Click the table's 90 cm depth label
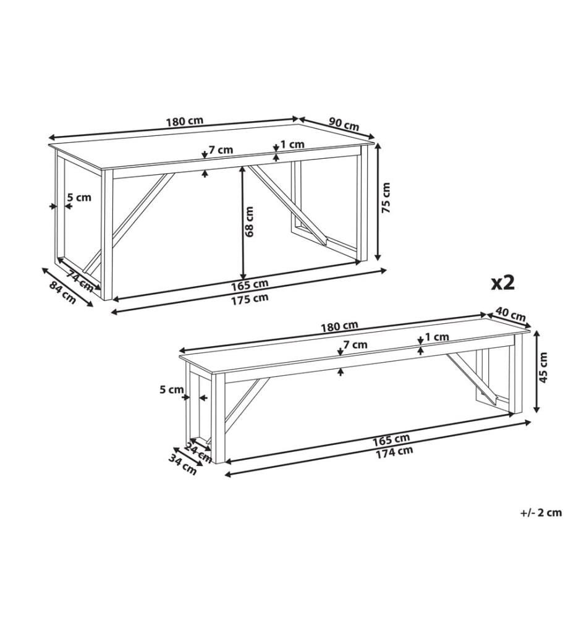click(344, 124)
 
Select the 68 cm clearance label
click(250, 221)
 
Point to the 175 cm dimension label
click(250, 298)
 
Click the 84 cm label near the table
click(62, 292)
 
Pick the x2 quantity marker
click(502, 282)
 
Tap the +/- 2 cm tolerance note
click(541, 513)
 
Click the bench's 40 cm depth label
click(510, 315)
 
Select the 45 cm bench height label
click(543, 367)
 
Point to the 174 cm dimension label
click(394, 452)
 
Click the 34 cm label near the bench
click(183, 464)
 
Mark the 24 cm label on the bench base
click(198, 452)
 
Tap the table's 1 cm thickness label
click(292, 145)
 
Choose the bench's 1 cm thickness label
click(437, 337)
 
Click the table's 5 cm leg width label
click(79, 197)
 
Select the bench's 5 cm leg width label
click(171, 390)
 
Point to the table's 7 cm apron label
click(221, 150)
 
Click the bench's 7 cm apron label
click(355, 345)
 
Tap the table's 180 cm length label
click(184, 121)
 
